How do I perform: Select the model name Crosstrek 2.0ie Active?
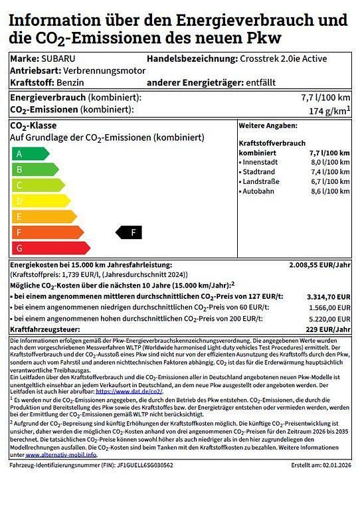tap(283, 58)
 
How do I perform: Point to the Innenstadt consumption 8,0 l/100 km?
tap(329, 162)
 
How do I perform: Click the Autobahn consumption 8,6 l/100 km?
tap(329, 191)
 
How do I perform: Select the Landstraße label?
tap(261, 181)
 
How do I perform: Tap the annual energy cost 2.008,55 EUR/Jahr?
tap(319, 264)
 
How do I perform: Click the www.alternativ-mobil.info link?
tap(60, 455)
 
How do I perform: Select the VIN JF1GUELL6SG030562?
tap(137, 465)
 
